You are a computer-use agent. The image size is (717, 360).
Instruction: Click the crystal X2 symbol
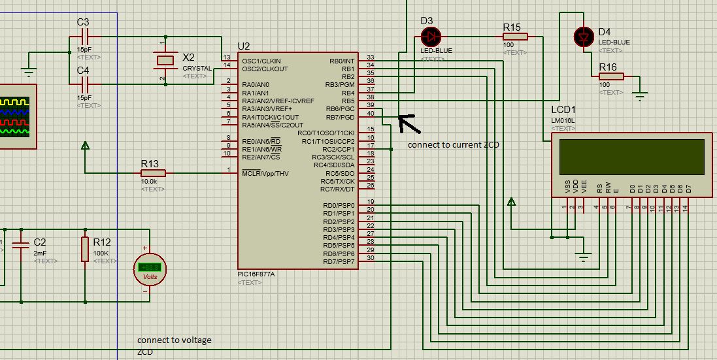coord(165,60)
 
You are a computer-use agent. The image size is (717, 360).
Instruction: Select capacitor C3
coord(83,39)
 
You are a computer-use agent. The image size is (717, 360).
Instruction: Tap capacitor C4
coord(83,84)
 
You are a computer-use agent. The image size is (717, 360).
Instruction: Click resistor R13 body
coord(153,173)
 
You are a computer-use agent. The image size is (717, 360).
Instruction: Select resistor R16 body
coord(611,76)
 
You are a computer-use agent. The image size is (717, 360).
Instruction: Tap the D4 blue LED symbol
coord(583,37)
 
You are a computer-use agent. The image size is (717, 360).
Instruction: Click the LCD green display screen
coord(631,154)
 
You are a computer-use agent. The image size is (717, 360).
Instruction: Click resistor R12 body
coord(84,249)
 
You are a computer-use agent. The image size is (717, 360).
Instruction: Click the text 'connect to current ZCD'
coord(453,145)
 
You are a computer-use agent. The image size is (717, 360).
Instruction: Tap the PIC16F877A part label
coord(256,274)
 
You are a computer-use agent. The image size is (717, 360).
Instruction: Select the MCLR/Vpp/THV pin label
coord(265,173)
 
